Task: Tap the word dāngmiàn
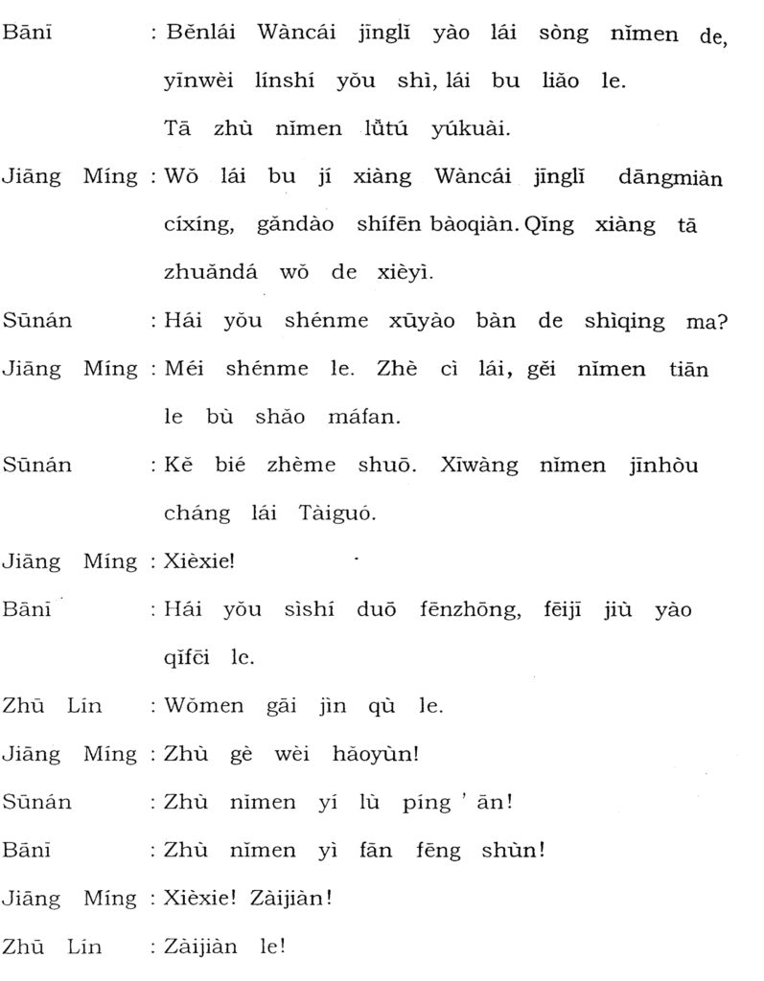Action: pos(671,177)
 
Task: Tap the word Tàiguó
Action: pos(341,513)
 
